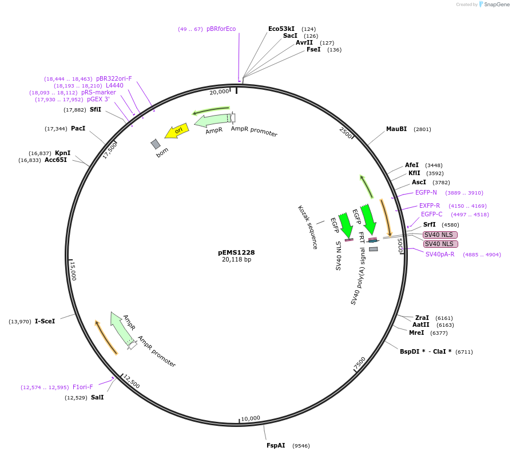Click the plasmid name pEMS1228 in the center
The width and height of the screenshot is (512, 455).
click(236, 252)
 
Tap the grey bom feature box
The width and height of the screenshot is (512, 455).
click(156, 144)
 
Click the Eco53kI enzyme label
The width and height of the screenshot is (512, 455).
click(281, 29)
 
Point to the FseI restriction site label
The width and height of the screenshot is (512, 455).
click(313, 50)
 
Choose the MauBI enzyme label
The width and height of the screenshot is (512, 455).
click(396, 129)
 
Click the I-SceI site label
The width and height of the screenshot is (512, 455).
click(45, 321)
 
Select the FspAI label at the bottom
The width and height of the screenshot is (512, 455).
click(276, 445)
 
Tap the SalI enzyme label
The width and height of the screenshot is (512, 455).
click(97, 397)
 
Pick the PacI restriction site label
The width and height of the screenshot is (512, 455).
click(78, 128)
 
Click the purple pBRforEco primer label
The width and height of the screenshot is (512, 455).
click(221, 29)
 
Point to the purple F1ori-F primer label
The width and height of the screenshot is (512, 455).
click(82, 387)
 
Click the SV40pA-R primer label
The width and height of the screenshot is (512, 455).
click(440, 254)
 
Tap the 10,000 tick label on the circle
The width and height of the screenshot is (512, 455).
click(251, 418)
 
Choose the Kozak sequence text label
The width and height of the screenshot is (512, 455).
click(308, 227)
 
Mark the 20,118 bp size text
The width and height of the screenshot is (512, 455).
click(236, 259)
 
